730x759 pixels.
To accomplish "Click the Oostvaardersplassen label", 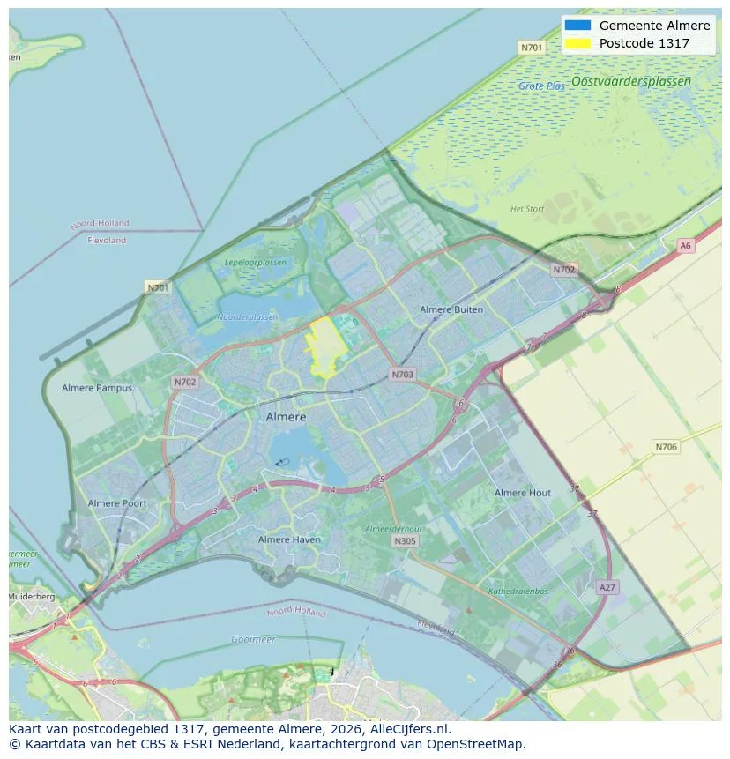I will pyautogui.click(x=630, y=81).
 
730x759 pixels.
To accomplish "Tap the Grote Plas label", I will pyautogui.click(x=542, y=86).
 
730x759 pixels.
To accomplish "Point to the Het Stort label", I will pyautogui.click(x=527, y=209).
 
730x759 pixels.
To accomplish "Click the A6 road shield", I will pyautogui.click(x=685, y=246).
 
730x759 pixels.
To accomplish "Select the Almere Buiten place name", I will pyautogui.click(x=451, y=309).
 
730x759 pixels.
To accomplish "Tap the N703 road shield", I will pyautogui.click(x=402, y=375).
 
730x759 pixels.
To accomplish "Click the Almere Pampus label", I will pyautogui.click(x=97, y=388).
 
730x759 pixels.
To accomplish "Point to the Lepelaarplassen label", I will pyautogui.click(x=256, y=263).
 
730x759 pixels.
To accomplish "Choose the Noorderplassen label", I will pyautogui.click(x=248, y=316).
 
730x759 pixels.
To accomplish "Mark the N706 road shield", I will pyautogui.click(x=667, y=447).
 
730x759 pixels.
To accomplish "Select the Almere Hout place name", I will pyautogui.click(x=523, y=493).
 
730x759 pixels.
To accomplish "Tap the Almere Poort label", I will pyautogui.click(x=117, y=503).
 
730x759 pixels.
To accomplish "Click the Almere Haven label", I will pyautogui.click(x=290, y=539).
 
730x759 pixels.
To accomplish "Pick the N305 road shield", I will pyautogui.click(x=405, y=541).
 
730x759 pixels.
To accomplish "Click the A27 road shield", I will pyautogui.click(x=607, y=587).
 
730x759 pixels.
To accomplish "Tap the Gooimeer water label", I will pyautogui.click(x=253, y=639).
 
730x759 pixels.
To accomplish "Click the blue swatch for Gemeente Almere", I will pyautogui.click(x=578, y=26).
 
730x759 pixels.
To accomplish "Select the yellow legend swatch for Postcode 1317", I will pyautogui.click(x=578, y=43).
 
